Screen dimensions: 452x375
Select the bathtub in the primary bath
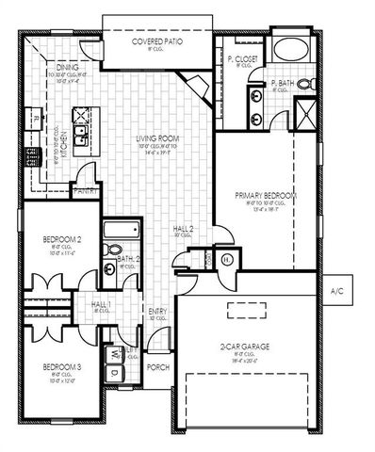[286, 52]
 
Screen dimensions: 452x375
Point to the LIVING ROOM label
[158, 139]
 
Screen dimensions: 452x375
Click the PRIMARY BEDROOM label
[267, 195]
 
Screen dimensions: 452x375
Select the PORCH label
[159, 367]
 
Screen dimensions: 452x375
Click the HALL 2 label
[185, 229]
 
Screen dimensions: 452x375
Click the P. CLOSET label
[241, 60]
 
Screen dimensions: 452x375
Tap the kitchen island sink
[78, 117]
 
